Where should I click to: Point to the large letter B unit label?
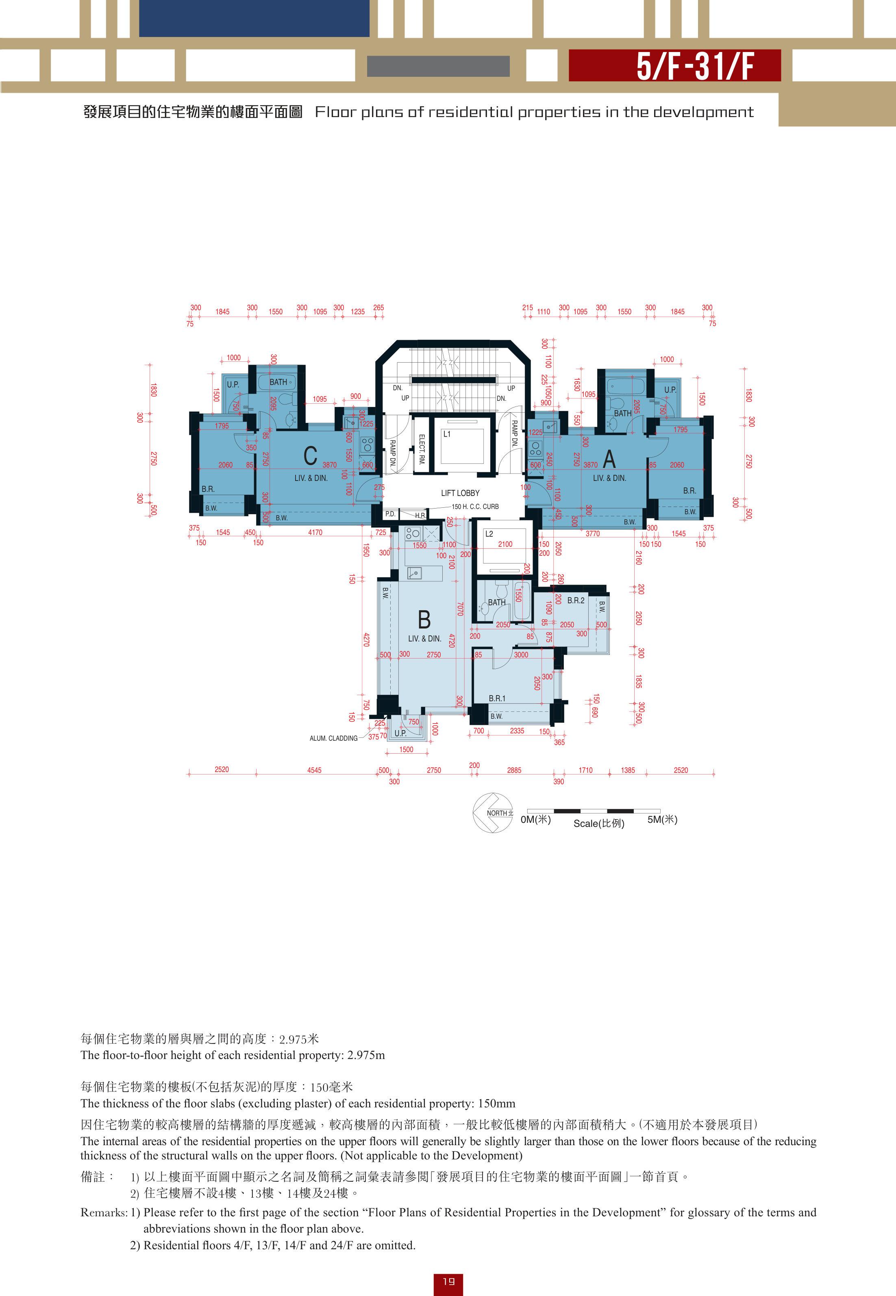(424, 620)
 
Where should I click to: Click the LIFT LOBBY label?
(460, 493)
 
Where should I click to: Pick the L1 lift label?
(447, 434)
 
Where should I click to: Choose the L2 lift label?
(489, 534)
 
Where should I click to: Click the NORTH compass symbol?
(492, 812)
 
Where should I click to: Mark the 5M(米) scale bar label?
(663, 820)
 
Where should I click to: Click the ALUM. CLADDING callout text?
(333, 738)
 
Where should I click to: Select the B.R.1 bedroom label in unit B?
(497, 698)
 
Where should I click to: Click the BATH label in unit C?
(278, 382)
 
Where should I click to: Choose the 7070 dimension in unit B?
(460, 609)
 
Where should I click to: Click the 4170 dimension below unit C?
(315, 532)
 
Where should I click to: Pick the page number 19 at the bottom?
(448, 1281)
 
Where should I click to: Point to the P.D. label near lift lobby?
(390, 513)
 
